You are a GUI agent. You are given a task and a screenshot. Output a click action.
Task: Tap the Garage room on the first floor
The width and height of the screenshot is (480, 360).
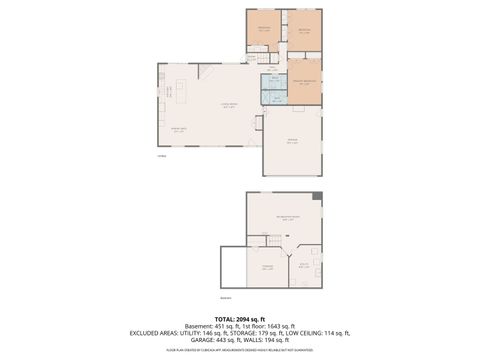point(292,141)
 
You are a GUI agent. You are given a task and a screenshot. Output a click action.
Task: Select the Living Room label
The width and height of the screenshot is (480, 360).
point(228,106)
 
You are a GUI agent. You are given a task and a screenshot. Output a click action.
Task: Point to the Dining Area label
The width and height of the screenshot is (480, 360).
point(179,128)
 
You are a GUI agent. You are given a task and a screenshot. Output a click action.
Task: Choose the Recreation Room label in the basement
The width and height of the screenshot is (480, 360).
point(288,217)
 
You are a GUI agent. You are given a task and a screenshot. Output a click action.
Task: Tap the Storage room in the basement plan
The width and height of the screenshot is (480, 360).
point(267,266)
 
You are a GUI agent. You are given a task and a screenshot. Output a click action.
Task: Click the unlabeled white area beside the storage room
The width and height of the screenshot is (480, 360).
point(234,268)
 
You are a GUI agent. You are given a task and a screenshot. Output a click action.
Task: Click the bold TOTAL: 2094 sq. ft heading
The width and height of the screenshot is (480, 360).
point(240,318)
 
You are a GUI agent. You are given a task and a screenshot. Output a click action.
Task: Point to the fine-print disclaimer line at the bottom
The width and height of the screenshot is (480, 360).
point(240,351)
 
